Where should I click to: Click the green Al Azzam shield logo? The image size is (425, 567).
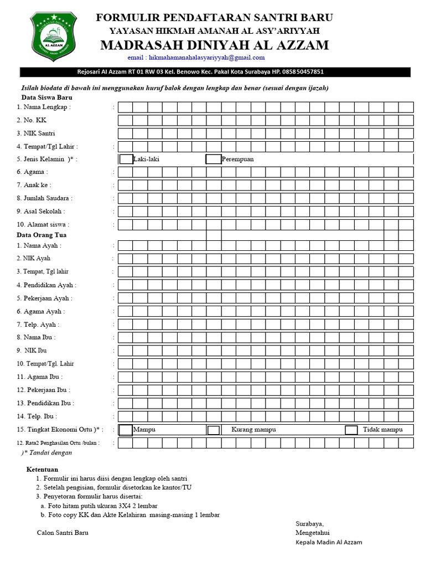(x=53, y=33)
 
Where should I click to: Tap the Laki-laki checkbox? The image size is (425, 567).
(x=126, y=159)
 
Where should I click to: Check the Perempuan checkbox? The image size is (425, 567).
(x=213, y=159)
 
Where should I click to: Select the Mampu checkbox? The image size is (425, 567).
(x=126, y=430)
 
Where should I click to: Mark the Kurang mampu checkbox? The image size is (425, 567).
(x=213, y=430)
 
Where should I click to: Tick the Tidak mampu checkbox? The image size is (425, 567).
(x=351, y=430)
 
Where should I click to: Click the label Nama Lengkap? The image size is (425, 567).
(x=44, y=107)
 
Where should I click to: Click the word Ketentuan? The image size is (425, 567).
(x=43, y=469)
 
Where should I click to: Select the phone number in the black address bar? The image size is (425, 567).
(x=303, y=72)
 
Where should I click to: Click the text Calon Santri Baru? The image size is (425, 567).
(x=63, y=533)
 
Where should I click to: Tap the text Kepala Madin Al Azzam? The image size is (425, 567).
(x=329, y=542)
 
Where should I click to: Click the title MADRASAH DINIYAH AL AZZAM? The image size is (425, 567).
(x=214, y=45)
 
